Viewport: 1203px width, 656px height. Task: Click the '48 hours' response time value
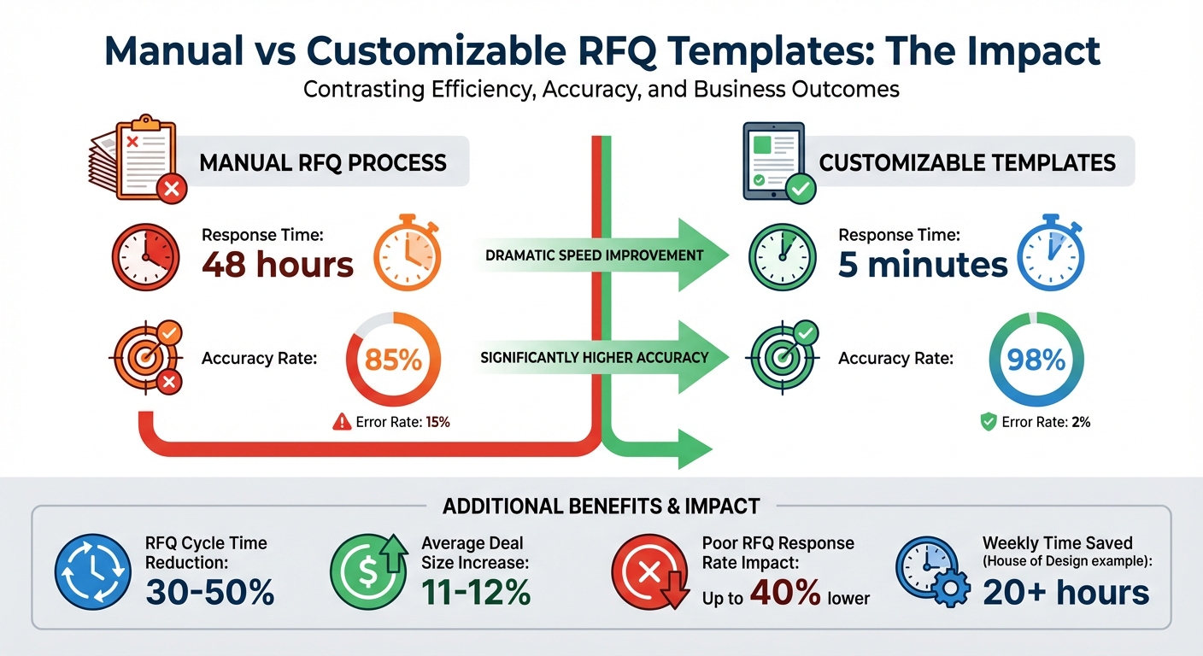[x=277, y=265]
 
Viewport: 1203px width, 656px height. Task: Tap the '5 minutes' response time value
[x=923, y=265]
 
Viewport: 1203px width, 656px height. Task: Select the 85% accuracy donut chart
[x=393, y=360]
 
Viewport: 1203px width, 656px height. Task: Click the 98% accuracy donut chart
[x=1036, y=360]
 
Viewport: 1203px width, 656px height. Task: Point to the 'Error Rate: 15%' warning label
[x=391, y=421]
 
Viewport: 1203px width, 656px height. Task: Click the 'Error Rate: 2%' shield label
[x=1035, y=421]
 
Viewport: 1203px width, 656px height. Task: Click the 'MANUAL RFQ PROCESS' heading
[x=323, y=162]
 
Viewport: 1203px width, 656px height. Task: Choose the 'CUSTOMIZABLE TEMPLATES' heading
[x=967, y=162]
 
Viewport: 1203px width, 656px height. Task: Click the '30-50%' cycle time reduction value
[x=209, y=592]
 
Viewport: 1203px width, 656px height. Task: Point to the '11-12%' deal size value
[x=476, y=592]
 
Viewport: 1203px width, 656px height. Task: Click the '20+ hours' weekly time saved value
[x=1065, y=591]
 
